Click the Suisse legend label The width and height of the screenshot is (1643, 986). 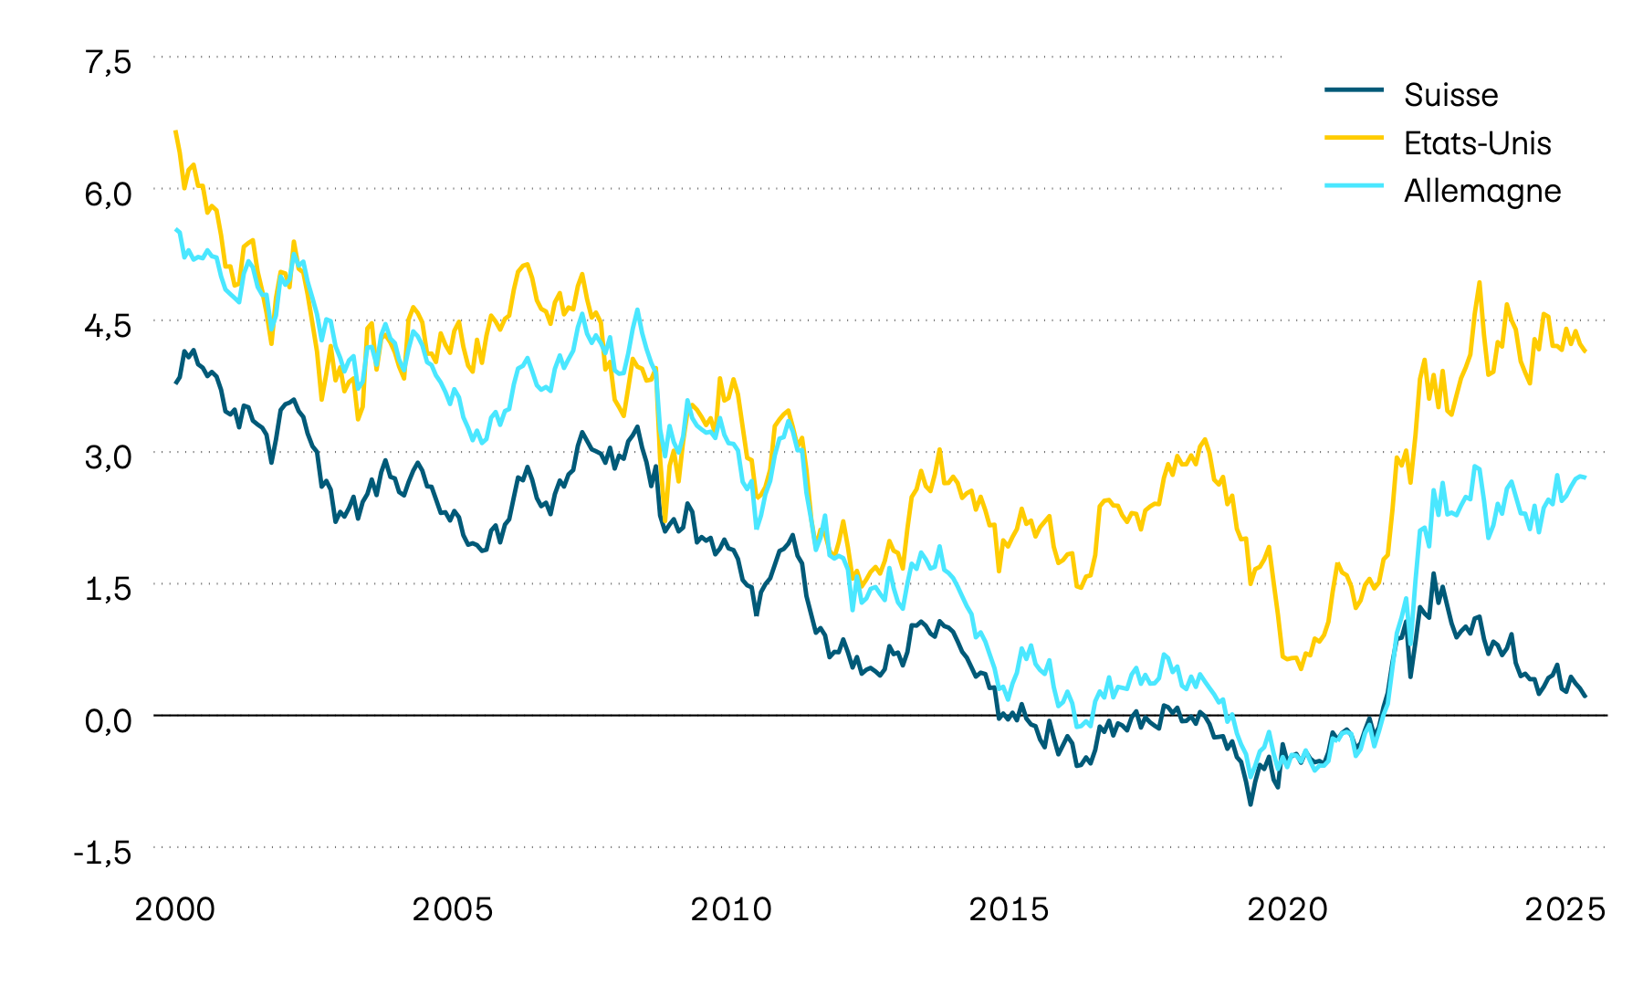point(1450,95)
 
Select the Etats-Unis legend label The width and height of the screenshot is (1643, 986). point(1477,143)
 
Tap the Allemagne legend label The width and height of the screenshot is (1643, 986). point(1481,191)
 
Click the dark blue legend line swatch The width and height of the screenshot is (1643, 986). point(1354,89)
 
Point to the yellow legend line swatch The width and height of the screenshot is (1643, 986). point(1354,138)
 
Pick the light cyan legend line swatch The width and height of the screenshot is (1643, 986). point(1354,185)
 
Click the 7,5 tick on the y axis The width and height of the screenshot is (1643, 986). point(109,62)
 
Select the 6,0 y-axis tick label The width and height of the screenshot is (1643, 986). point(109,194)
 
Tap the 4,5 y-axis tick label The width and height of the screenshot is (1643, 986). point(109,325)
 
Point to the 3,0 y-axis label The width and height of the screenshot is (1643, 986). point(109,456)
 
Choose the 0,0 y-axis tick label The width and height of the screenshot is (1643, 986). point(109,720)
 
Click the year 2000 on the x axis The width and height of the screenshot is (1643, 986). point(175,909)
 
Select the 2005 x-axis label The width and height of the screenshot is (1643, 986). point(453,909)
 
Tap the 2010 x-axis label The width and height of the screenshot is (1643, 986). point(731,909)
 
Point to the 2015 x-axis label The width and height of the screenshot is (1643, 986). point(1010,909)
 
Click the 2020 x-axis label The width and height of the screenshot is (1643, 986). point(1288,909)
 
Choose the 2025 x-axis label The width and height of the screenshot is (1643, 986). point(1565,909)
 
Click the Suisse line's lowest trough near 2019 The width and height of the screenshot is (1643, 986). point(1250,803)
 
